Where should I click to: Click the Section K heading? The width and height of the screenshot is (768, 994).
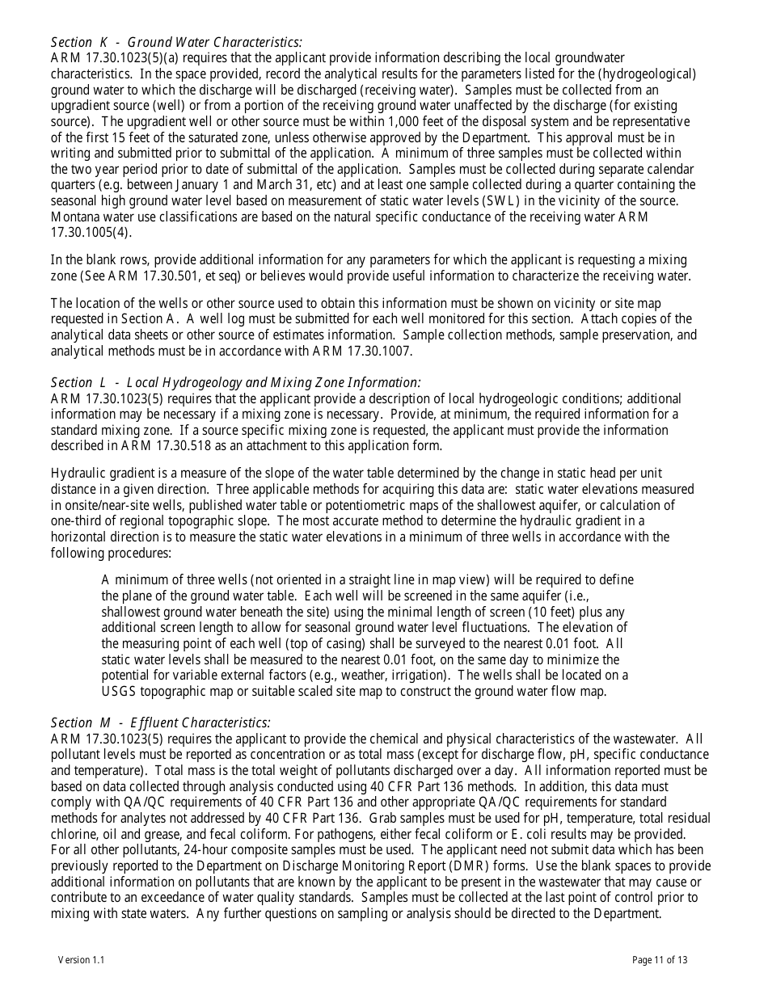tap(176, 42)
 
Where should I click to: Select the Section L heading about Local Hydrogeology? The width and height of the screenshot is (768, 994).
tap(235, 382)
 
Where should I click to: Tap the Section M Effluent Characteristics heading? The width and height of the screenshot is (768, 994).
tap(160, 722)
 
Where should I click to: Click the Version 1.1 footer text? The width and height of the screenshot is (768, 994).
tap(81, 960)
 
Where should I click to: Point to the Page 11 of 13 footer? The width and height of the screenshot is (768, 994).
tap(660, 960)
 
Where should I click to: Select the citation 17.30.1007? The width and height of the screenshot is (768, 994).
tap(377, 351)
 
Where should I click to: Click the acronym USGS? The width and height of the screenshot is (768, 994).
tap(119, 691)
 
